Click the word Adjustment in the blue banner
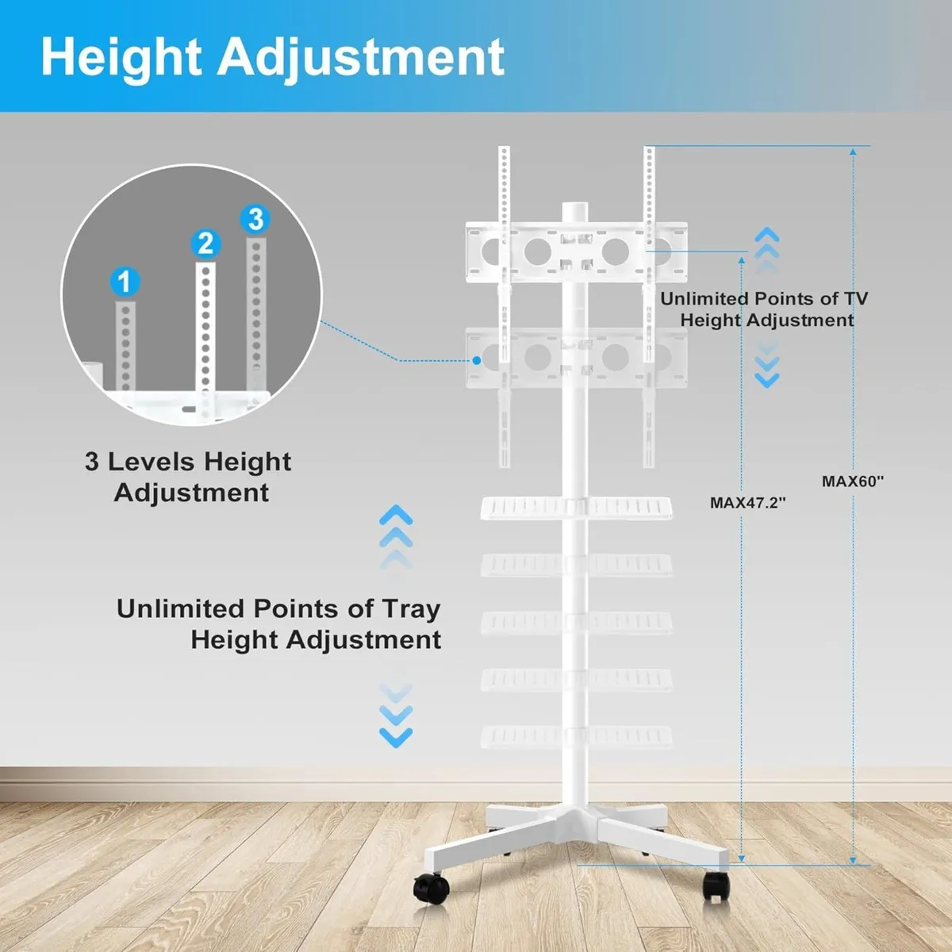[x=361, y=57]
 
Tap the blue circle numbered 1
[x=124, y=281]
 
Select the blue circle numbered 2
[x=205, y=243]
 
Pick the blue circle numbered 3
[x=255, y=218]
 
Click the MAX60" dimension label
[x=852, y=481]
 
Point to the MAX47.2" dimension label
[x=747, y=502]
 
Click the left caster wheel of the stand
[x=429, y=886]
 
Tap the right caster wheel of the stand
[x=716, y=885]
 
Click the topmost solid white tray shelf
[x=577, y=507]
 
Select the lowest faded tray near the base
[x=577, y=735]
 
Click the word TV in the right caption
[x=855, y=299]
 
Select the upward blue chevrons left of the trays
[x=396, y=528]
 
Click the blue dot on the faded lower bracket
[x=477, y=360]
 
